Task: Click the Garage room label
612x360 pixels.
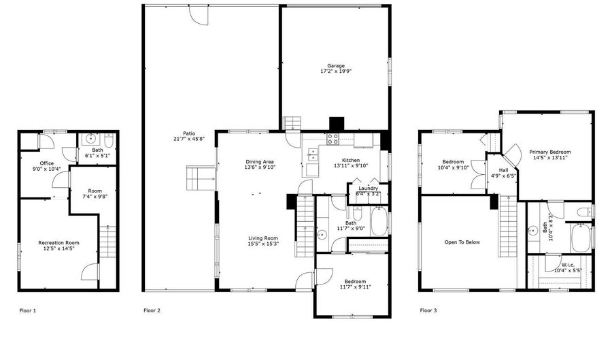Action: pos(336,66)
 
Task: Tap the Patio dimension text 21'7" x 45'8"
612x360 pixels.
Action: pos(189,139)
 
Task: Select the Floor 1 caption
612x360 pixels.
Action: pos(28,311)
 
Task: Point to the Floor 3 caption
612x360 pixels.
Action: pos(428,310)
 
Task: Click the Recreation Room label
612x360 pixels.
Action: pos(58,243)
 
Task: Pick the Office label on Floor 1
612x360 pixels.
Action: pos(46,163)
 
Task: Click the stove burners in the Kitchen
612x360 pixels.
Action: pos(333,139)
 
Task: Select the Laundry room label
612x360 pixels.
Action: pos(368,189)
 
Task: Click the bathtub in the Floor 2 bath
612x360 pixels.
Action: pos(379,221)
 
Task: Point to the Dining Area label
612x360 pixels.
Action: pos(260,162)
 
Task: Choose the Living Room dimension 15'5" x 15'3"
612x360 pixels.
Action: pos(263,244)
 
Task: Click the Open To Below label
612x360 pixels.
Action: pos(462,242)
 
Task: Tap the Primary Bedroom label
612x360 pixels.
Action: pos(550,152)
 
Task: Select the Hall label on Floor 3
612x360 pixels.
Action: pos(503,170)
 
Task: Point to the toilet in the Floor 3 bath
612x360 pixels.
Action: pos(585,212)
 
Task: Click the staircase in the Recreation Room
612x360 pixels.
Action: pos(107,242)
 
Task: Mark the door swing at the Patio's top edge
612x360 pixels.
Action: pos(199,16)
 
